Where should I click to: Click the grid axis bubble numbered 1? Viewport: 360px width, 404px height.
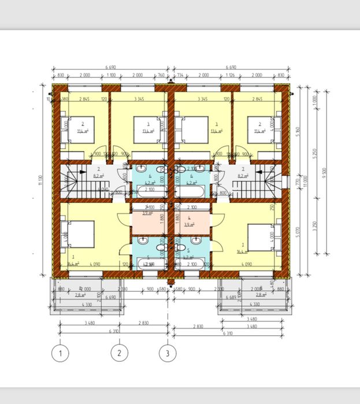pos(60,352)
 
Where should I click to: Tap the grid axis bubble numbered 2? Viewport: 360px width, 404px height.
pos(120,352)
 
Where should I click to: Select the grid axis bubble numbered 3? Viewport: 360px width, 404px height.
pos(168,352)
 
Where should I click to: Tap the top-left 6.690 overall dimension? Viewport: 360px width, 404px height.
pos(109,67)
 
